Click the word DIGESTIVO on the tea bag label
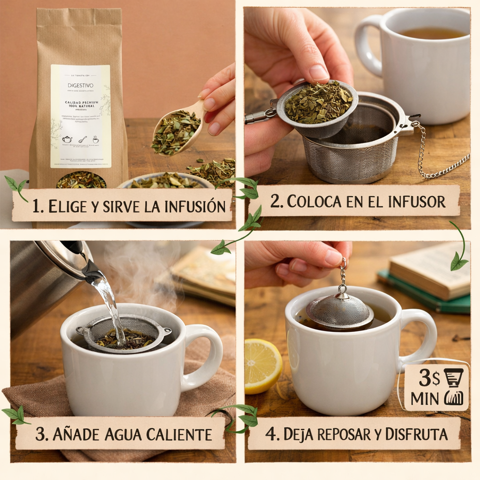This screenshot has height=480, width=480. [x=80, y=86]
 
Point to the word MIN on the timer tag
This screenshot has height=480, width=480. [x=424, y=398]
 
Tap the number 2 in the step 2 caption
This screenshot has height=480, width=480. [x=275, y=202]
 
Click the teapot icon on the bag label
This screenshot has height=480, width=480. [x=67, y=139]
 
